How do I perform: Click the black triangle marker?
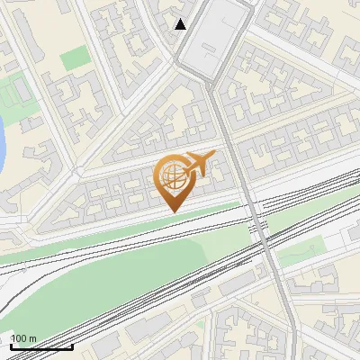tap(181, 24)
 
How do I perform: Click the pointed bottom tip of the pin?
tap(172, 211)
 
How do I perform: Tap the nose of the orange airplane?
tap(213, 157)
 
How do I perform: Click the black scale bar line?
tap(41, 346)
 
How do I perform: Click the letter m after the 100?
tap(32, 339)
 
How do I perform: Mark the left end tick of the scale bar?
tap(11, 345)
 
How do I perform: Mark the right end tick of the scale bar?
tap(72, 345)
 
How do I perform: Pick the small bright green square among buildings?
tap(75, 59)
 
